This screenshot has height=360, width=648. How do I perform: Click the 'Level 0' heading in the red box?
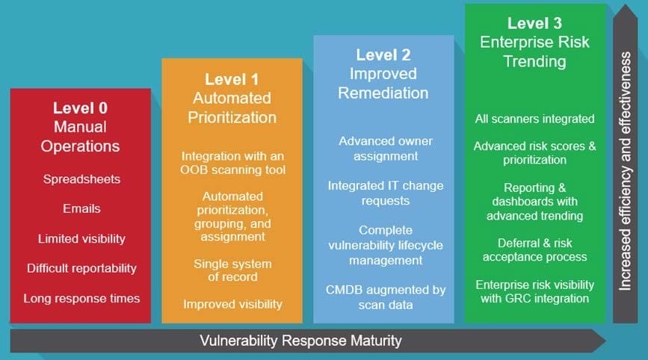pyautogui.click(x=80, y=108)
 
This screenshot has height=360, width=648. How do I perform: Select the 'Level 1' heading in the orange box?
pyautogui.click(x=232, y=79)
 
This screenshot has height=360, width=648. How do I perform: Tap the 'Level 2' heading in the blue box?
pyautogui.click(x=383, y=55)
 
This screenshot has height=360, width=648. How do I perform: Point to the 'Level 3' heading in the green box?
pyautogui.click(x=534, y=24)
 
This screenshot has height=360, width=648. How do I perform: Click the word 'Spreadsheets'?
pyautogui.click(x=81, y=179)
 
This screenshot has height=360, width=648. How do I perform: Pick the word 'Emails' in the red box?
pyautogui.click(x=81, y=208)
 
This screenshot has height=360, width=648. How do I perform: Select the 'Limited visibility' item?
pyautogui.click(x=81, y=238)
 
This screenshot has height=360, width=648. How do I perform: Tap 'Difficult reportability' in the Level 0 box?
pyautogui.click(x=81, y=268)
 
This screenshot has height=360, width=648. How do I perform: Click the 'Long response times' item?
pyautogui.click(x=81, y=298)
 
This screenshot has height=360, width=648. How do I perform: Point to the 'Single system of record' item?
pyautogui.click(x=232, y=270)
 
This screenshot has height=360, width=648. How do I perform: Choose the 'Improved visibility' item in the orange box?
pyautogui.click(x=232, y=304)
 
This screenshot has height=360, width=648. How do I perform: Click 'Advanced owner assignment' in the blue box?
pyautogui.click(x=386, y=149)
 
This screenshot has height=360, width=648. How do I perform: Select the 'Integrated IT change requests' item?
pyautogui.click(x=386, y=193)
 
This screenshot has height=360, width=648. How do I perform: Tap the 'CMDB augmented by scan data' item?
pyautogui.click(x=386, y=297)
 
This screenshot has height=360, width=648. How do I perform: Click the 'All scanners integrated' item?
pyautogui.click(x=534, y=119)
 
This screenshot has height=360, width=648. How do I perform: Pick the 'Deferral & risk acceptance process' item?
pyautogui.click(x=534, y=249)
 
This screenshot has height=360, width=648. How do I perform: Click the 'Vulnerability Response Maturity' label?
pyautogui.click(x=301, y=341)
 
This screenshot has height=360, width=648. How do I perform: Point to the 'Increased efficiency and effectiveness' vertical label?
pyautogui.click(x=625, y=171)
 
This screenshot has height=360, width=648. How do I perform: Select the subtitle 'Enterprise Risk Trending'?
pyautogui.click(x=534, y=52)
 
